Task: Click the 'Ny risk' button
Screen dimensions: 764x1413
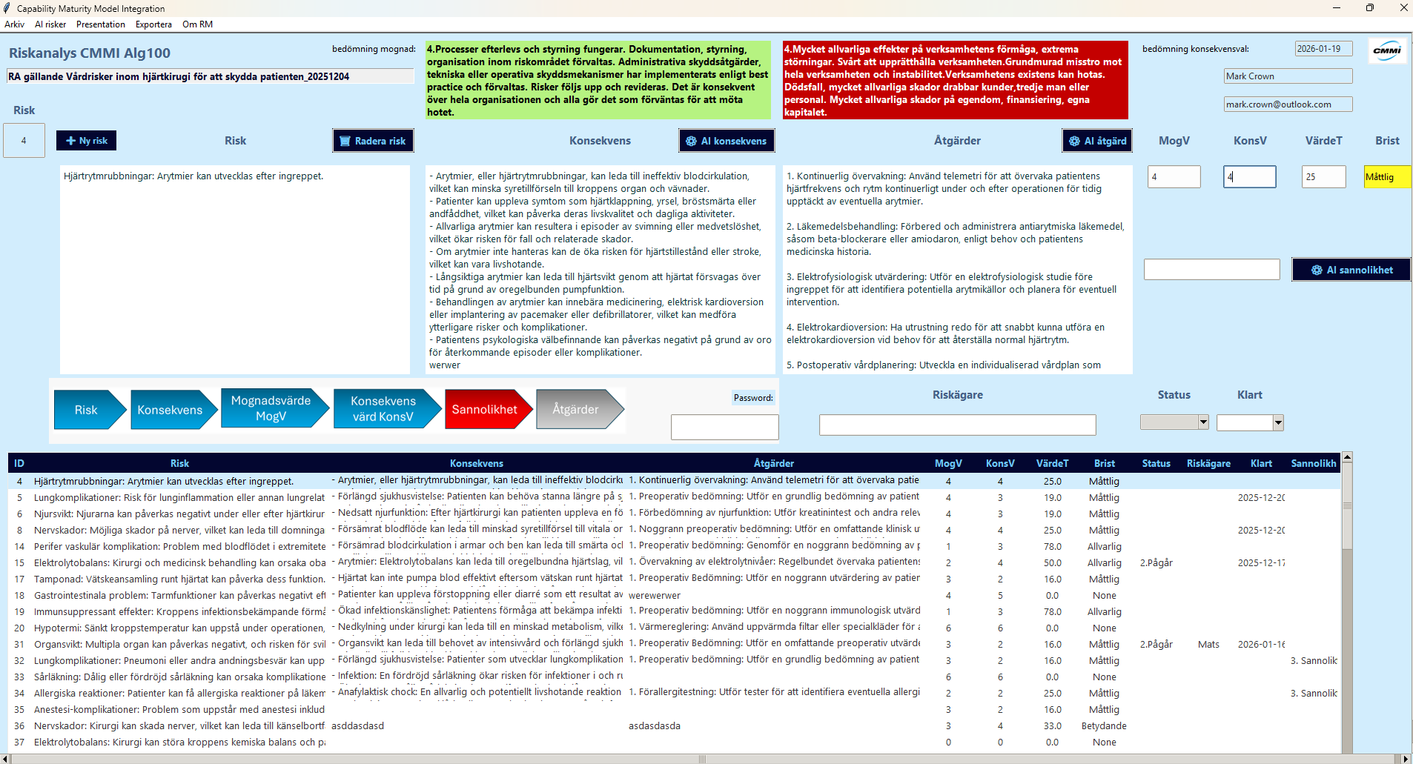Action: pos(87,141)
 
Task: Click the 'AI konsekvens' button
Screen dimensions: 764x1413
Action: pos(727,141)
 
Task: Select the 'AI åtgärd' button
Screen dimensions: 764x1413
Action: pos(1097,141)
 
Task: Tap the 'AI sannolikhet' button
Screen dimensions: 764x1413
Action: pos(1351,270)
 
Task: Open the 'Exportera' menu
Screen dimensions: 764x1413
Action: pos(153,24)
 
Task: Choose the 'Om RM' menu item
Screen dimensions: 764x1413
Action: pos(197,24)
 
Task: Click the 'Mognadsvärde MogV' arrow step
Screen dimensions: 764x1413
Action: pos(272,409)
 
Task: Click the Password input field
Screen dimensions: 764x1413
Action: pos(724,427)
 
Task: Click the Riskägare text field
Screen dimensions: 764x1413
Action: pos(957,425)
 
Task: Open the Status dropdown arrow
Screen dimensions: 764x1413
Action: pos(1203,422)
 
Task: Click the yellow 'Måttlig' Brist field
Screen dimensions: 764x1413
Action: pos(1386,177)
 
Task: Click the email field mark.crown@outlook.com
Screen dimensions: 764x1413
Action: pos(1288,104)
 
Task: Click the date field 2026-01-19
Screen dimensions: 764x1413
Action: pos(1323,49)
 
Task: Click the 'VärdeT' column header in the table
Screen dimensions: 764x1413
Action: pos(1052,463)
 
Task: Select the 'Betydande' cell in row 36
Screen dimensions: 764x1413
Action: pos(1104,726)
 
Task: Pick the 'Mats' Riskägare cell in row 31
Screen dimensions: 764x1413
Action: pos(1208,645)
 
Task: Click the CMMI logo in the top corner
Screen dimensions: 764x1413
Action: pos(1387,51)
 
